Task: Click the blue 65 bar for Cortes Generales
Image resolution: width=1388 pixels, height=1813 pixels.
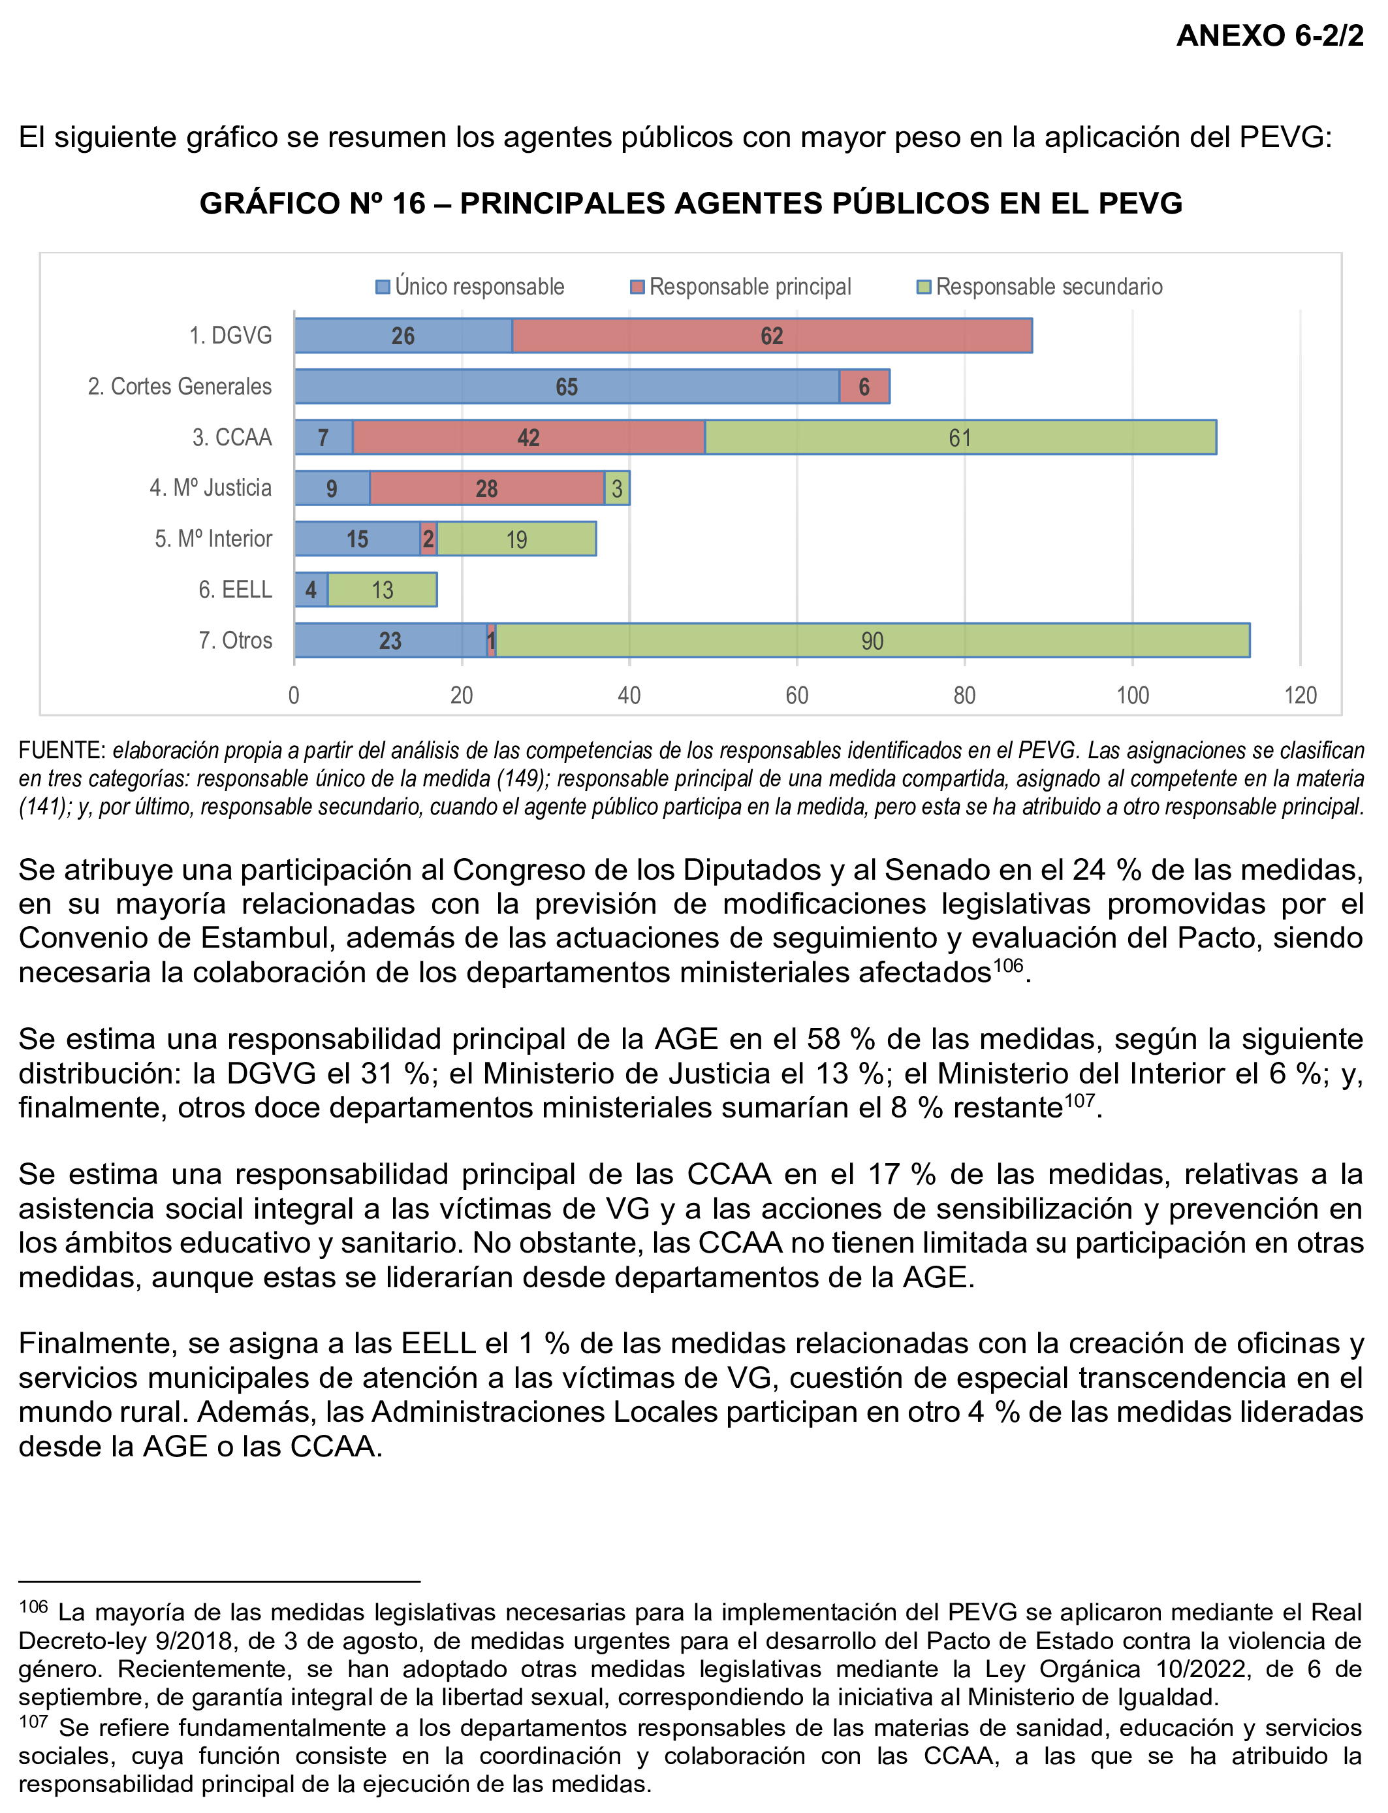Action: click(x=567, y=387)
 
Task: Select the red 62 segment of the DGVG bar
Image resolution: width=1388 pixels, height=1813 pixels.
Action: click(x=772, y=336)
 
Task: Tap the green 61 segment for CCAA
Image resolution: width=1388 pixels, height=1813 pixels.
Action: click(x=960, y=437)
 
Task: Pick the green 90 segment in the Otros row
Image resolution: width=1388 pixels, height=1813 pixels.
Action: click(x=872, y=641)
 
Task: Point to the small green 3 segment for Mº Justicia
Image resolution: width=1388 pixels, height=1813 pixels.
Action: click(x=617, y=489)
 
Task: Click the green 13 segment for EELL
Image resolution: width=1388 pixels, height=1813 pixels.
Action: click(x=383, y=590)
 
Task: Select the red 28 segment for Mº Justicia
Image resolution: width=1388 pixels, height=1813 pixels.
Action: click(x=486, y=489)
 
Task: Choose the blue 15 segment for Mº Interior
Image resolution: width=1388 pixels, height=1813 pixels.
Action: click(x=357, y=539)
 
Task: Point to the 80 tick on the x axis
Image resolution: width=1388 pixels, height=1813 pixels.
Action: click(x=965, y=695)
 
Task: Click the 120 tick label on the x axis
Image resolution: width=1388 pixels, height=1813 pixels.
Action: click(x=1300, y=695)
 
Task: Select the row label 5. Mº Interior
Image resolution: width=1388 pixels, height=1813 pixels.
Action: click(x=213, y=539)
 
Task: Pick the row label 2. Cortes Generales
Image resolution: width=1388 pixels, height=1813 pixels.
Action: click(x=180, y=387)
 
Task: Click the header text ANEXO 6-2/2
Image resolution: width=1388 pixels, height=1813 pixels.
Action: click(x=1270, y=35)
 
